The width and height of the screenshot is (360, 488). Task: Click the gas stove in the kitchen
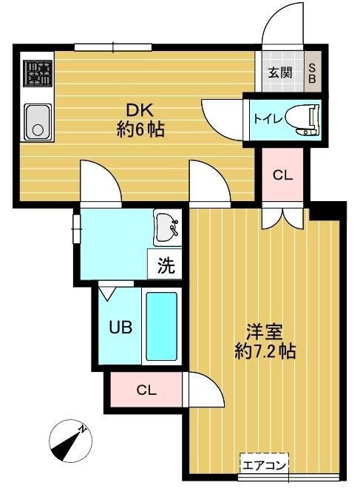click(x=38, y=75)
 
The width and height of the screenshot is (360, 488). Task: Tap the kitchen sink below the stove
click(x=37, y=121)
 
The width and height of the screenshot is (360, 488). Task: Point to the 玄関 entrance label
click(x=279, y=72)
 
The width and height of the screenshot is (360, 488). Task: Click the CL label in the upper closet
click(x=282, y=175)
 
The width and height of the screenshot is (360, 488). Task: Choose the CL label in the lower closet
click(x=146, y=390)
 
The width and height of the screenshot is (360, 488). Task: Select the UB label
click(x=120, y=326)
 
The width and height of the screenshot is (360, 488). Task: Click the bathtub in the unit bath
click(x=161, y=326)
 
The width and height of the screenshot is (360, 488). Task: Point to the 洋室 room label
click(x=265, y=331)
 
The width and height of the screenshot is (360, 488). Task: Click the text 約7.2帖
click(x=265, y=351)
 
